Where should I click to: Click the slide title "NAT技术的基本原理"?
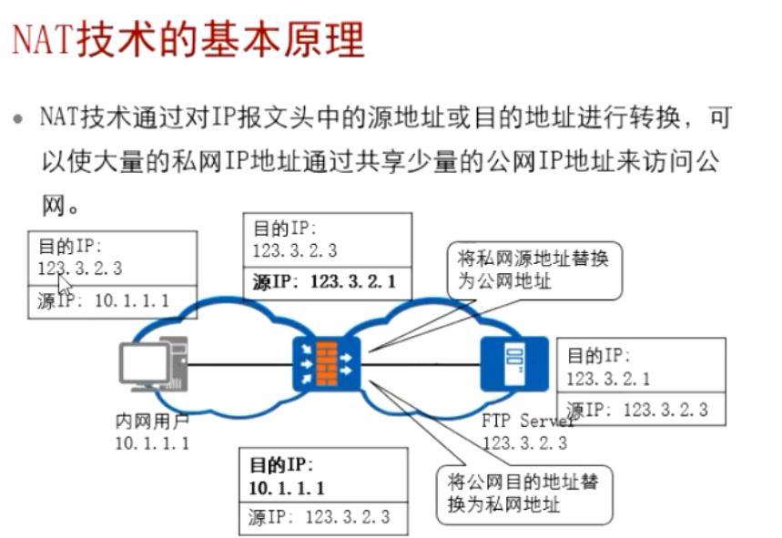[188, 41]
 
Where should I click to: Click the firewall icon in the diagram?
[327, 365]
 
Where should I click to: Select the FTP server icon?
[513, 365]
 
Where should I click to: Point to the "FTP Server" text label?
[529, 421]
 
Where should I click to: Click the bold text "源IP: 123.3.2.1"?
[324, 281]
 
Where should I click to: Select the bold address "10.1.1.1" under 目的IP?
[287, 489]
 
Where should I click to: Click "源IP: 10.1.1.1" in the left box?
[104, 301]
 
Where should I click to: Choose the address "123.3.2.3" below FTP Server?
[524, 443]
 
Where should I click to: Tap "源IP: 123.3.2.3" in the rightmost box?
[636, 410]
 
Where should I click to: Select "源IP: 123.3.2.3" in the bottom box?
[319, 517]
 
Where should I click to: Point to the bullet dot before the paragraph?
[17, 119]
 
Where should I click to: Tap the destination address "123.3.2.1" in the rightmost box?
[609, 379]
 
